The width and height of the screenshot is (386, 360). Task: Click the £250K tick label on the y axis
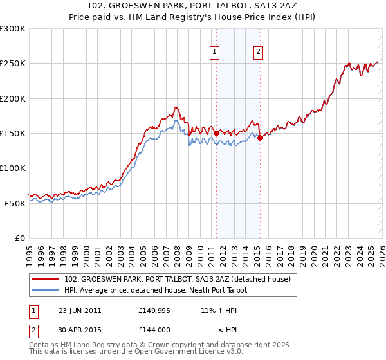click(13, 64)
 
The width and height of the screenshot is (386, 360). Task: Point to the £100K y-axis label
click(13, 168)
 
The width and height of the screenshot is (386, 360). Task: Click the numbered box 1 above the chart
click(214, 53)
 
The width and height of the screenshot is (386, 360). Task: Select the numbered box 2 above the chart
click(259, 53)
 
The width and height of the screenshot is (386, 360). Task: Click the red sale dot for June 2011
click(217, 133)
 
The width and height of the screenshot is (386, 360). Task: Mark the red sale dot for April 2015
click(261, 138)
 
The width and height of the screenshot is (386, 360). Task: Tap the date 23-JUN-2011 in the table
click(80, 310)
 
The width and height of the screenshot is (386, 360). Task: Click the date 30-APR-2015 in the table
click(80, 330)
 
